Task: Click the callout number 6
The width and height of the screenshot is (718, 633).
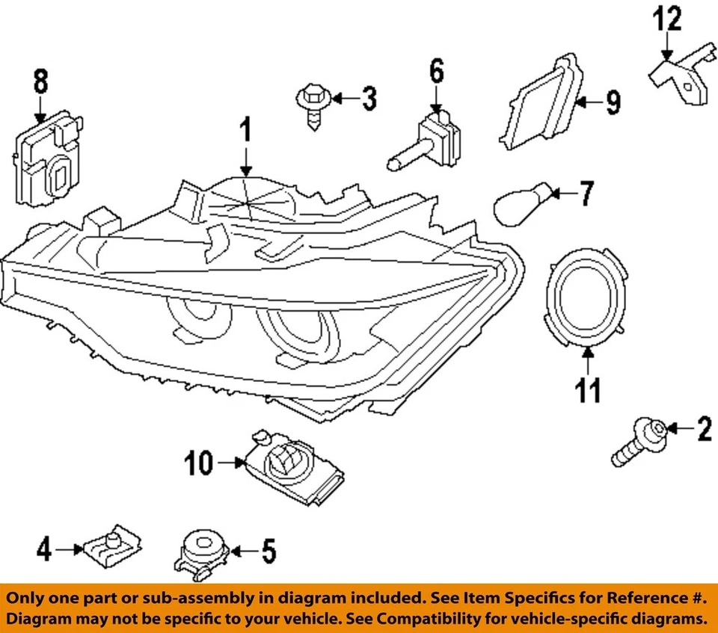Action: tap(436, 72)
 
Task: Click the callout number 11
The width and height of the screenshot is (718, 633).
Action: tap(588, 389)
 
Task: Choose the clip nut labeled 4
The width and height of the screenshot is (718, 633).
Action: tap(111, 550)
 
